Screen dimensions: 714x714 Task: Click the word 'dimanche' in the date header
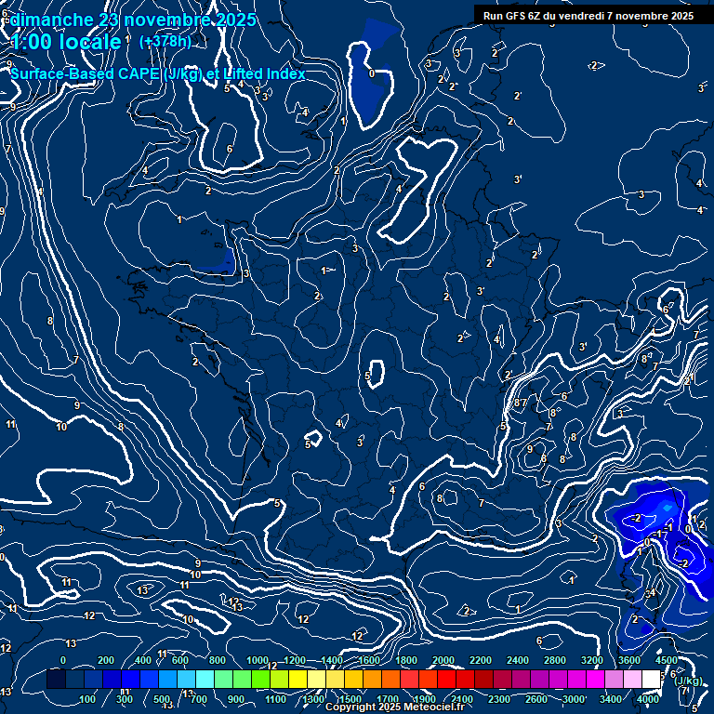click(52, 20)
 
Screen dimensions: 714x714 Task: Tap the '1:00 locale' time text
click(66, 42)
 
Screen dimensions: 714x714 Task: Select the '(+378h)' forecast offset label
click(165, 42)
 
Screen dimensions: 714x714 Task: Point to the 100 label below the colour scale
click(87, 699)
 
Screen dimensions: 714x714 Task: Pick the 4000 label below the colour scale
click(648, 699)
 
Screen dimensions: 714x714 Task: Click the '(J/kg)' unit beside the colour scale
click(688, 681)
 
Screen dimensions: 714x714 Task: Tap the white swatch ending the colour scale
click(651, 680)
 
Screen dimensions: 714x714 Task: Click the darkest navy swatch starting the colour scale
click(56, 680)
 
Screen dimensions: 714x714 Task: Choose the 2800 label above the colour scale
click(554, 660)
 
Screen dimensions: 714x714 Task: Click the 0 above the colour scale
click(63, 660)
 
